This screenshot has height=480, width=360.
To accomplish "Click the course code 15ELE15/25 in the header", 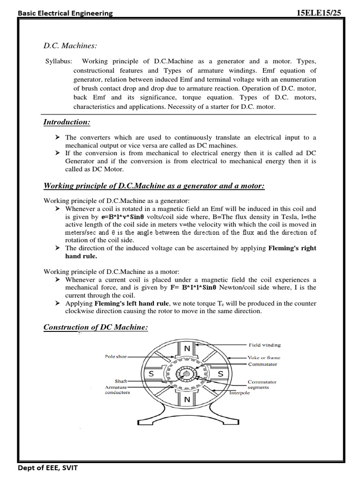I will pyautogui.click(x=323, y=13).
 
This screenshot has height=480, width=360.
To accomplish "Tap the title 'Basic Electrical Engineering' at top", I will pyautogui.click(x=65, y=14).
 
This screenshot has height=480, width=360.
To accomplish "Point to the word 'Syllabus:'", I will pyautogui.click(x=59, y=61).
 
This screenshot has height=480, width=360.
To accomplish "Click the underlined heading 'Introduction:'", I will pyautogui.click(x=67, y=122).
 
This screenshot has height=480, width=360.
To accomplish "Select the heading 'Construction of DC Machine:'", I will pyautogui.click(x=96, y=327).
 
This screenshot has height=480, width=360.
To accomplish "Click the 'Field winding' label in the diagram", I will pyautogui.click(x=265, y=345).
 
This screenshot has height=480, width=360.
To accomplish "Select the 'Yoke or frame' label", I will pyautogui.click(x=264, y=358).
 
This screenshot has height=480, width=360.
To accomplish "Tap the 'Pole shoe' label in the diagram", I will pyautogui.click(x=116, y=357).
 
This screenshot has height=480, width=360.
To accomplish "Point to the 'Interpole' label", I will pyautogui.click(x=240, y=393).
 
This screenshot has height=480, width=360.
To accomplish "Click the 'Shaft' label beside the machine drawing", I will pyautogui.click(x=121, y=382).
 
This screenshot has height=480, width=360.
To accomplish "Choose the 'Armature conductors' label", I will pyautogui.click(x=117, y=390).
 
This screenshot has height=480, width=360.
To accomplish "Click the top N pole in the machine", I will pyautogui.click(x=187, y=348).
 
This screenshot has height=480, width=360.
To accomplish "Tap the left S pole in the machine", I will pyautogui.click(x=152, y=375).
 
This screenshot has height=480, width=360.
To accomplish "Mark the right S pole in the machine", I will pyautogui.click(x=220, y=375).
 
